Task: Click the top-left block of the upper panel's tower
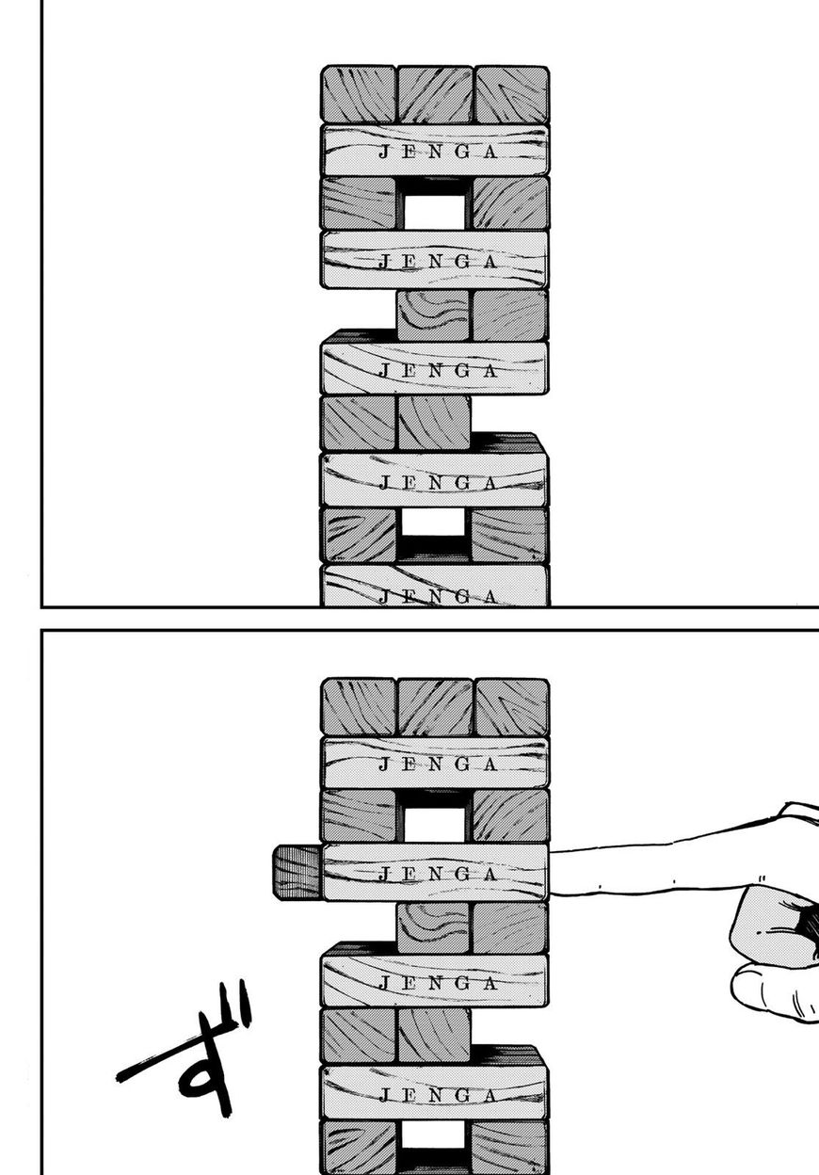pyautogui.click(x=358, y=94)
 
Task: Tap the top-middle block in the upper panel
pyautogui.click(x=435, y=94)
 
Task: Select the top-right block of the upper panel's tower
pyautogui.click(x=511, y=94)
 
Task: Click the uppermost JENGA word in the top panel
pyautogui.click(x=438, y=153)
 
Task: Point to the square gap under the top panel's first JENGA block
pyautogui.click(x=434, y=212)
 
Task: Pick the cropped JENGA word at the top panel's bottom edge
pyautogui.click(x=438, y=596)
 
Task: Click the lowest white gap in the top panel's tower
pyautogui.click(x=434, y=522)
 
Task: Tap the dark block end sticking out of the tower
pyautogui.click(x=297, y=873)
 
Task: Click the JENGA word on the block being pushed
pyautogui.click(x=438, y=874)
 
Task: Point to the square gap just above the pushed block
pyautogui.click(x=434, y=824)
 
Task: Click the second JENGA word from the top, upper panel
pyautogui.click(x=438, y=261)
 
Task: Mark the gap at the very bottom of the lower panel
pyautogui.click(x=434, y=1135)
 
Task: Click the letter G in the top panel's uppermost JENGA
pyautogui.click(x=462, y=153)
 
